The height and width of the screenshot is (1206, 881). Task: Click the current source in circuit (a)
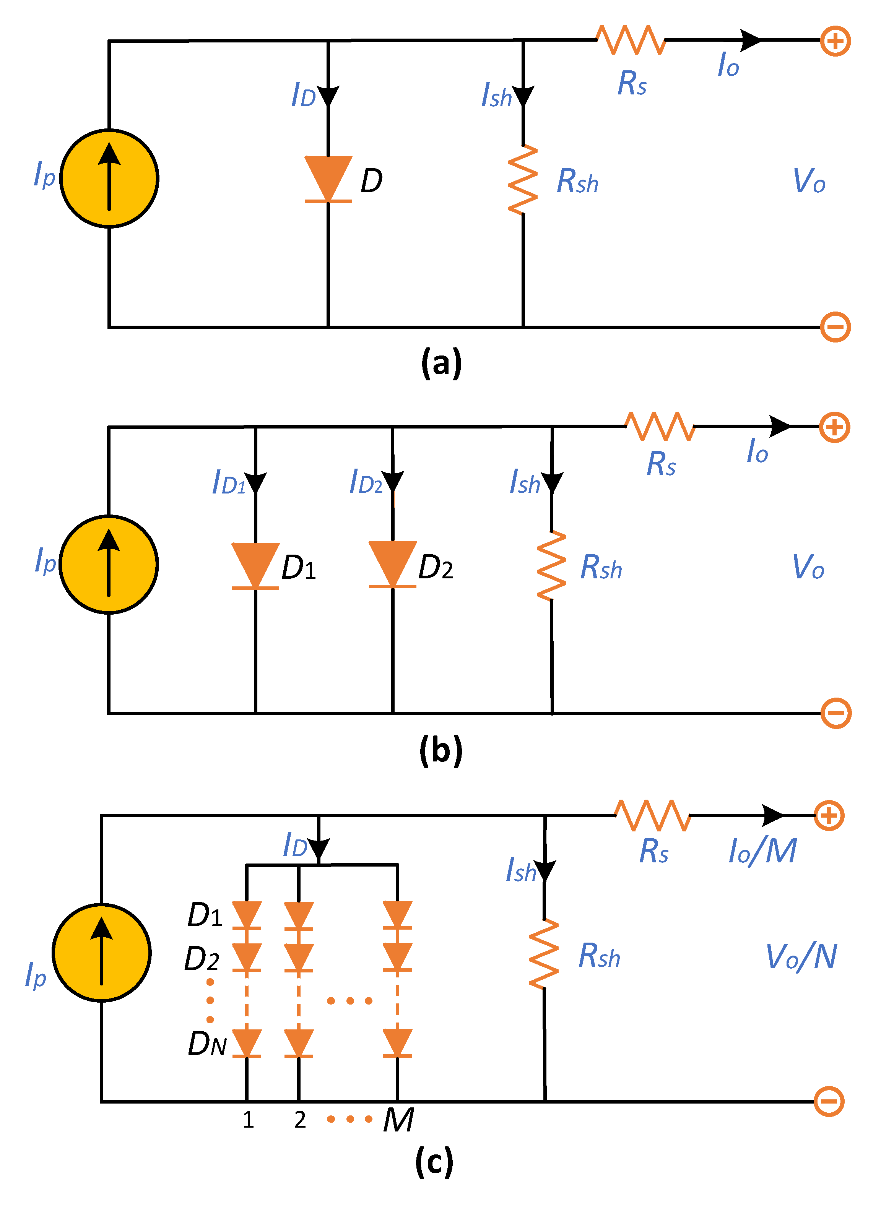109,178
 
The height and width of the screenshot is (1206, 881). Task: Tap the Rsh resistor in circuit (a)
523,180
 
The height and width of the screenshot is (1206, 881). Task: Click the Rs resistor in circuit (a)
631,40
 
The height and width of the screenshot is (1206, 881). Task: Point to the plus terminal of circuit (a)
835,41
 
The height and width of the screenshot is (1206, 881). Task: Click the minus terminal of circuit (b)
835,713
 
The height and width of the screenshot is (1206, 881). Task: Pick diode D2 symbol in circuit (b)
392,565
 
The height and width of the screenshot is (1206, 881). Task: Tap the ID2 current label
366,482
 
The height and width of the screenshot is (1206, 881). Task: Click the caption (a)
441,364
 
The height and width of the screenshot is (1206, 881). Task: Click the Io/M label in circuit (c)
762,851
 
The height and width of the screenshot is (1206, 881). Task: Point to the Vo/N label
801,957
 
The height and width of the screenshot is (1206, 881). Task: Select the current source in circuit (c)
102,952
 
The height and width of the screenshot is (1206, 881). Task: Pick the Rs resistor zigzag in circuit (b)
660,427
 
